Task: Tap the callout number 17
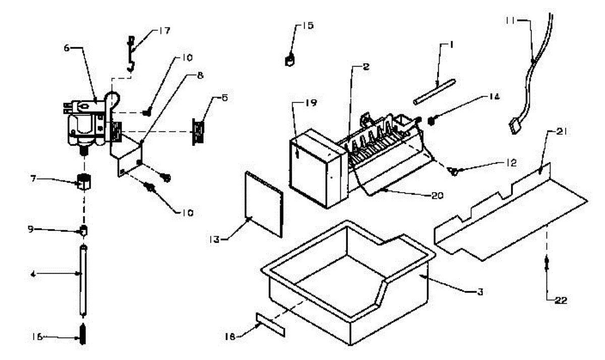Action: click(x=164, y=31)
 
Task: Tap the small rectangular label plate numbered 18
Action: click(x=270, y=323)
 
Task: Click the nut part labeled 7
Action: click(x=83, y=181)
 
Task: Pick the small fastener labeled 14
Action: click(x=432, y=121)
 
